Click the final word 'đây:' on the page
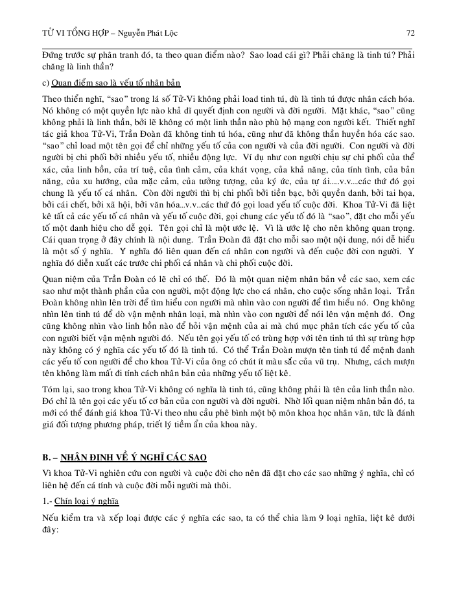(50, 530)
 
